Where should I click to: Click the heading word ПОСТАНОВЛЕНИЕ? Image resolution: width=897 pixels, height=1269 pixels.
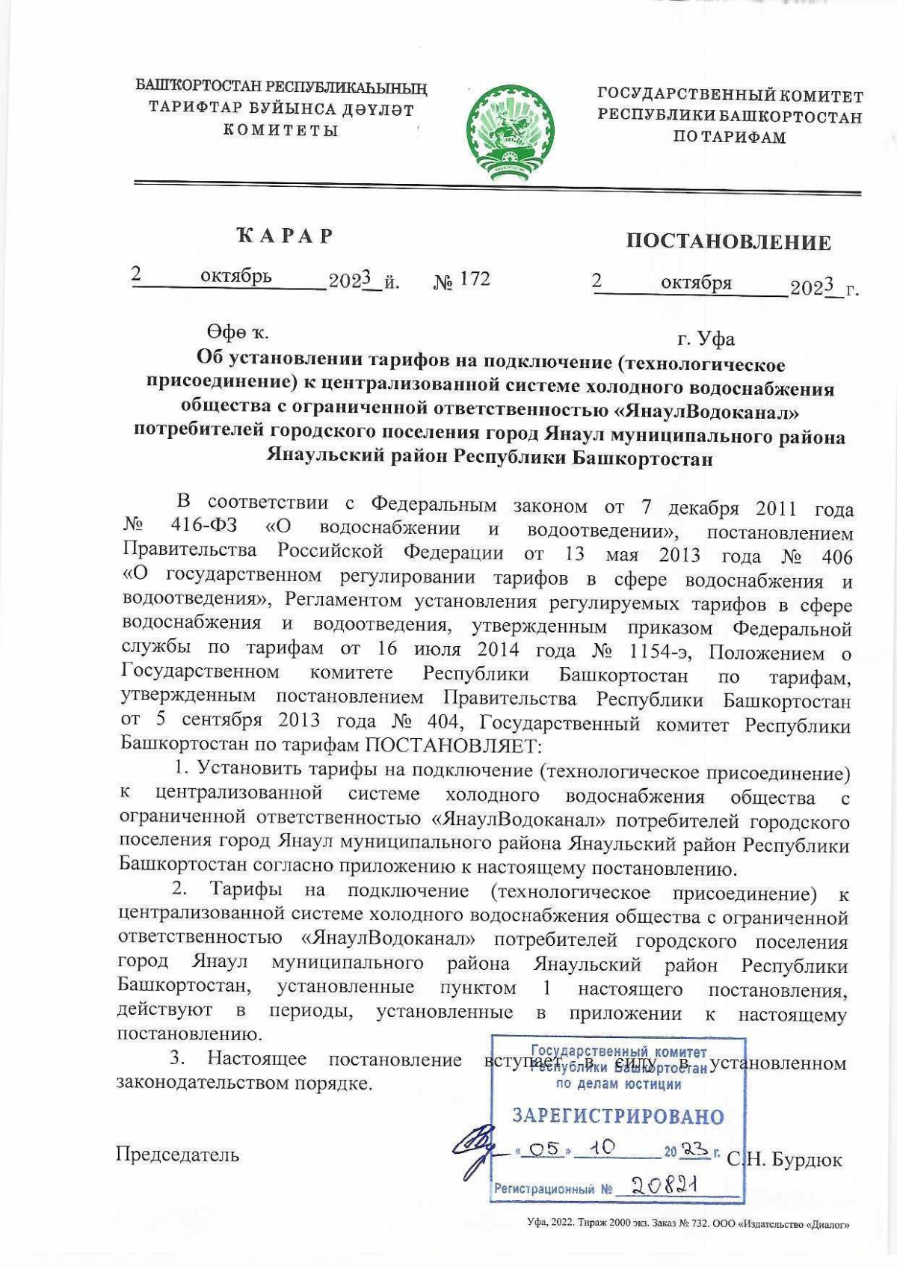728,242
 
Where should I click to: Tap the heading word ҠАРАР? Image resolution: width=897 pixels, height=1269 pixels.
284,236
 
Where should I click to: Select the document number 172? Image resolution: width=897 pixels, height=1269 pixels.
475,280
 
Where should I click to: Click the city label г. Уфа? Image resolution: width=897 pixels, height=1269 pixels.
706,339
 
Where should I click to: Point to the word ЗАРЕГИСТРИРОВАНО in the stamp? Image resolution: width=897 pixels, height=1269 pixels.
618,1116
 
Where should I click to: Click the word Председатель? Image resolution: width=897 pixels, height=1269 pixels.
177,1155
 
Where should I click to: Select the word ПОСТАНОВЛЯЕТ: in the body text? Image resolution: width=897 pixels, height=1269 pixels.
451,746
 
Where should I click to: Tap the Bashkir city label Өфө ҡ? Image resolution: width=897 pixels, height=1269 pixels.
238,332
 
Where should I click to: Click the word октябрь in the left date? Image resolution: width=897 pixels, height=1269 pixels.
236,277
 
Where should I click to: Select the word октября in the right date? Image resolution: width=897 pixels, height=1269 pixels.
696,283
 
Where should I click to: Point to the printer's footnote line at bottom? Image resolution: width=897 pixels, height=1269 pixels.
688,1225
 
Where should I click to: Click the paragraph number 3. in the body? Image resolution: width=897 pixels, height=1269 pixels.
177,1058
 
